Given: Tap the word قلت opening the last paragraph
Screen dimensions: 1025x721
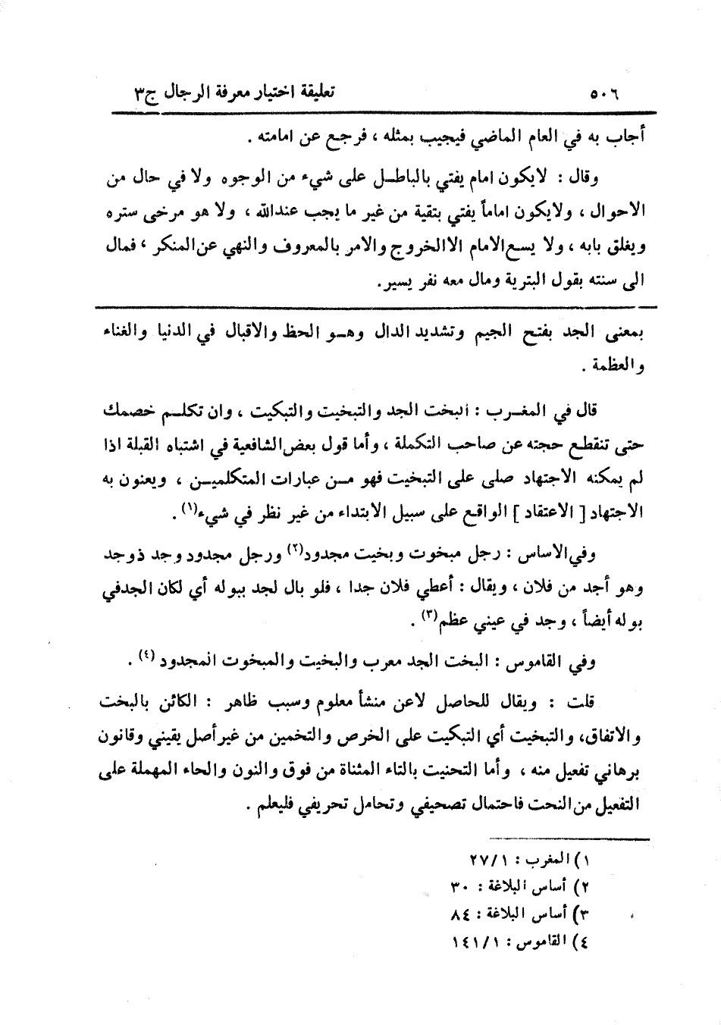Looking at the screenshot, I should coord(612,702).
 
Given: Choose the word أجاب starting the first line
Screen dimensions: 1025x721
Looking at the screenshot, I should coord(624,139).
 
